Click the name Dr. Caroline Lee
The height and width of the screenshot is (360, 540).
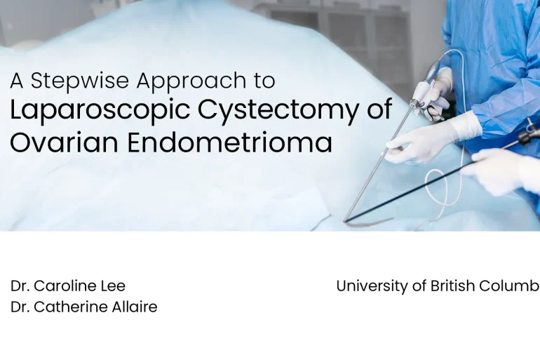click(x=68, y=286)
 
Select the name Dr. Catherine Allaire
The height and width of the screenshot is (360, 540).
click(x=83, y=307)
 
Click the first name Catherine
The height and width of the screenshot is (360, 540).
click(x=69, y=307)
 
